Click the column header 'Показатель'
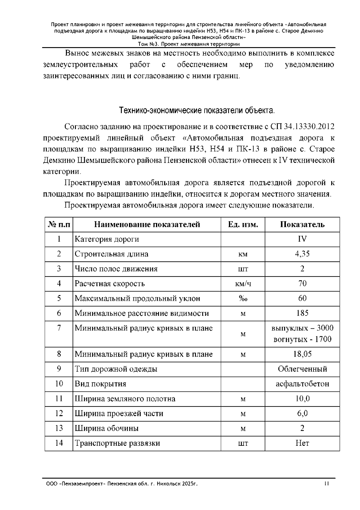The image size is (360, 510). click(x=302, y=225)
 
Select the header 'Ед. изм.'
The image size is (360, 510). click(x=243, y=225)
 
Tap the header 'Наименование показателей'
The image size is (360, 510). click(x=147, y=225)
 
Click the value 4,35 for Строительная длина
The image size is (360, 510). click(x=302, y=254)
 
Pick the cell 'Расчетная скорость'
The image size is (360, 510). click(x=110, y=284)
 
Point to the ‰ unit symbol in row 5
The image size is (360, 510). click(x=243, y=299)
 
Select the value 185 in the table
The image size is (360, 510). click(x=302, y=313)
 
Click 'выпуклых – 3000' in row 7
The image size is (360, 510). click(x=302, y=328)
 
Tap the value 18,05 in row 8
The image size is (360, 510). click(x=302, y=354)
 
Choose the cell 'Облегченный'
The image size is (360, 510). click(x=302, y=369)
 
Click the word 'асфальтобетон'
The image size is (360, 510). click(x=302, y=384)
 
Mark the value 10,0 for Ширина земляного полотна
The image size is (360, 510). click(x=302, y=399)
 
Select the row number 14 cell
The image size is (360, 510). click(x=59, y=443)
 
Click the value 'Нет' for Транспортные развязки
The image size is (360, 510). click(x=302, y=443)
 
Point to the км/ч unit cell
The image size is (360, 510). click(x=243, y=284)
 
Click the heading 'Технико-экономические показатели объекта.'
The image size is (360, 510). click(x=197, y=111)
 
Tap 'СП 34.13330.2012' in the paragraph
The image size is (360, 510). click(x=302, y=127)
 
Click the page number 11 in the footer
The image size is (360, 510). click(x=326, y=484)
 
